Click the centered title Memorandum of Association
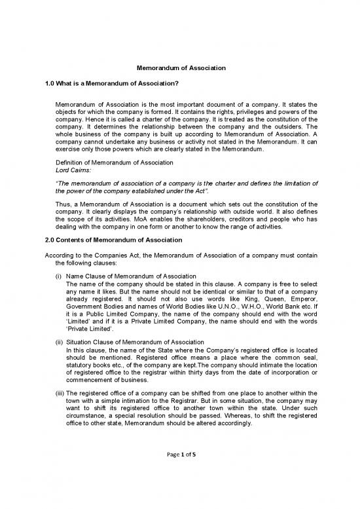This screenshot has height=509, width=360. click(180, 67)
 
